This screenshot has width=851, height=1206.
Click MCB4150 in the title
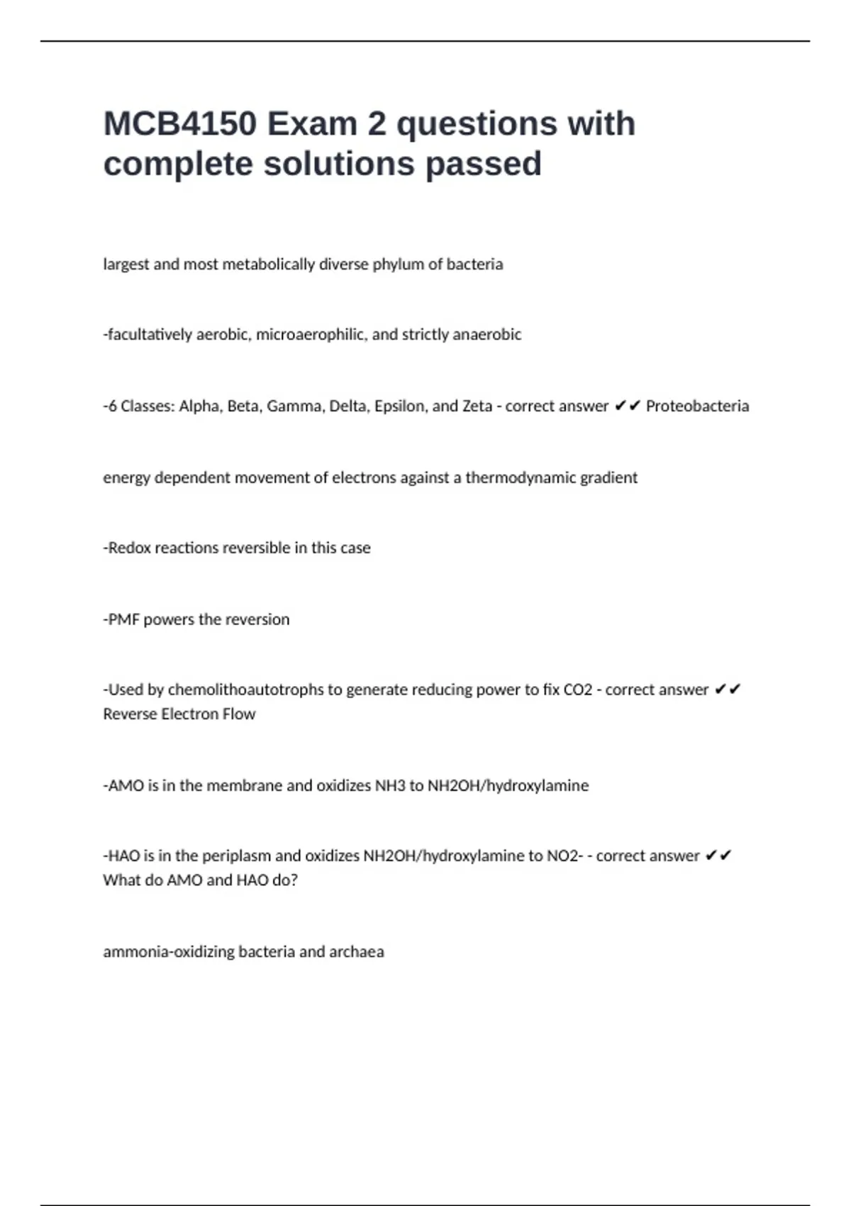(x=179, y=124)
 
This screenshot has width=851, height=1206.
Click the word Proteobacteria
(x=697, y=406)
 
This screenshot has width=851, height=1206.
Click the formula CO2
(x=577, y=690)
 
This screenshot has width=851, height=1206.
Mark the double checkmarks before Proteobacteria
(x=628, y=406)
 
